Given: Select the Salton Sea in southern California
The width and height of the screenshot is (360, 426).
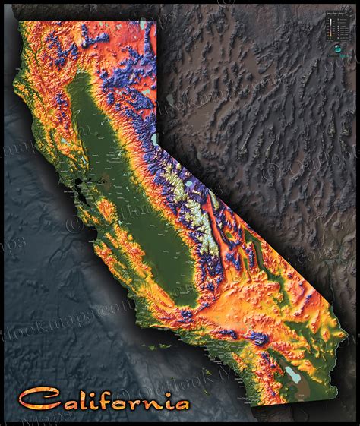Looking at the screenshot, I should tap(291, 373).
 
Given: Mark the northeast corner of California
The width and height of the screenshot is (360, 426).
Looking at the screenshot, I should tap(156, 22).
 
